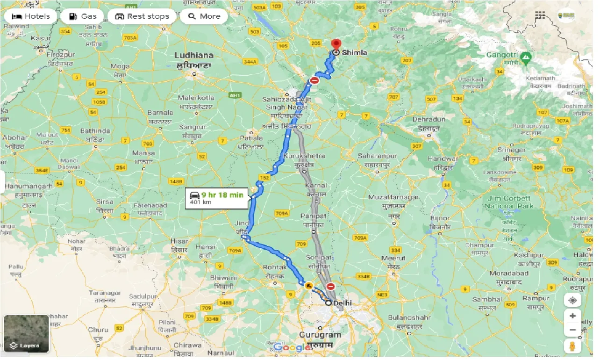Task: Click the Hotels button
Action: coord(31,16)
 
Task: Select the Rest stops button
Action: coord(142,16)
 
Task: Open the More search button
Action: coord(204,16)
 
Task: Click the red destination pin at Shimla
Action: coord(335,45)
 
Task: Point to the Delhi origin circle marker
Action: coord(329,303)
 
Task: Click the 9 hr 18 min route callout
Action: coord(217,198)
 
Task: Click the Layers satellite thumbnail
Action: coord(26,333)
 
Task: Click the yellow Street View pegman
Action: coord(572,346)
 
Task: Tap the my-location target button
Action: coord(572,300)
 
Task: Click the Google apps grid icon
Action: coord(540,15)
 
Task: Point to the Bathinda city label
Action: coord(95,131)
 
